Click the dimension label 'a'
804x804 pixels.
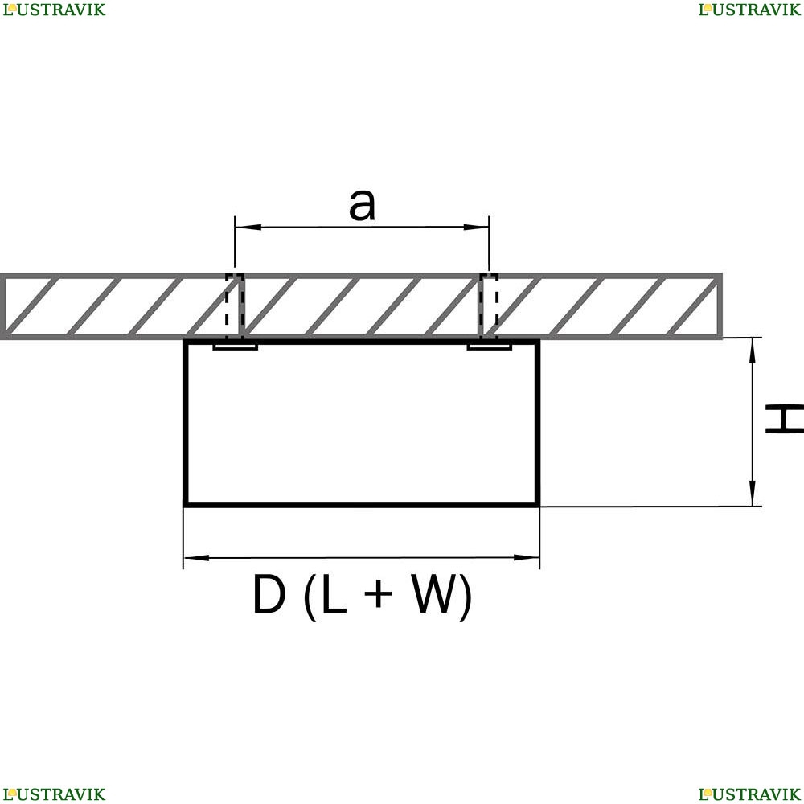pyautogui.click(x=362, y=205)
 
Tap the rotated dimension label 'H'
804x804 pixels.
pyautogui.click(x=784, y=418)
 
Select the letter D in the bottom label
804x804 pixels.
pyautogui.click(x=269, y=594)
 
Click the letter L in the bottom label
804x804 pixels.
pyautogui.click(x=334, y=594)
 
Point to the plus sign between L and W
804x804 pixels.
pyautogui.click(x=378, y=594)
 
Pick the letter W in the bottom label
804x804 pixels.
pyautogui.click(x=434, y=594)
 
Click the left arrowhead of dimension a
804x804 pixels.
pyautogui.click(x=248, y=227)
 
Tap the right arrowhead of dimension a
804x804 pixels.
pyautogui.click(x=476, y=227)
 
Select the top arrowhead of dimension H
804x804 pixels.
pyautogui.click(x=753, y=351)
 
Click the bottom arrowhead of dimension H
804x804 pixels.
pyautogui.click(x=753, y=494)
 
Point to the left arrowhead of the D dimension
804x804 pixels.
pyautogui.click(x=196, y=557)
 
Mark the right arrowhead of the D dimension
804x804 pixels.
pyautogui.click(x=526, y=557)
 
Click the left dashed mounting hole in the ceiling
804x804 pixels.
pyautogui.click(x=235, y=306)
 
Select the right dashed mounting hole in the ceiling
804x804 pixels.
pyautogui.click(x=489, y=306)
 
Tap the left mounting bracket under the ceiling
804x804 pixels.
pyautogui.click(x=235, y=347)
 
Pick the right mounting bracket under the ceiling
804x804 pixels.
pyautogui.click(x=489, y=347)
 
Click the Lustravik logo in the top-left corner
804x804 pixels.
pyautogui.click(x=54, y=10)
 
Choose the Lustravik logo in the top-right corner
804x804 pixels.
pyautogui.click(x=749, y=10)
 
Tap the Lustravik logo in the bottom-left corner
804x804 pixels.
pyautogui.click(x=54, y=794)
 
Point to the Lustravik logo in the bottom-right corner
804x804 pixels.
pyautogui.click(x=749, y=794)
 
